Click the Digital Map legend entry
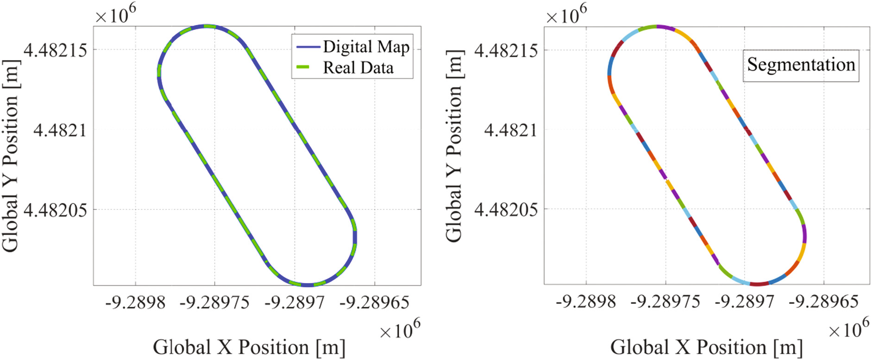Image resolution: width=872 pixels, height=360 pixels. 366,47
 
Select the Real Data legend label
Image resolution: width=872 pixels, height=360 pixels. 358,68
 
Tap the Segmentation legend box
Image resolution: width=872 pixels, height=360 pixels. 801,65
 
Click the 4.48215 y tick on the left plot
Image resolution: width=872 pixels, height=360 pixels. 55,50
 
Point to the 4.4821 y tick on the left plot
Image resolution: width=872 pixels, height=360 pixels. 60,130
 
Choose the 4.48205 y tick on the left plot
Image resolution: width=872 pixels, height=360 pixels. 55,210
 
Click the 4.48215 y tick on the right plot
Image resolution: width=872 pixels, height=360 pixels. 506,50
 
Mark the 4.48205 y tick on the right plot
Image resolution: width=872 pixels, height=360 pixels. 506,210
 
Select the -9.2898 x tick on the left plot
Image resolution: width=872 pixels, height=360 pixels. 135,303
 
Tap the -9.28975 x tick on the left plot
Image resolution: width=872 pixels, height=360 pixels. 214,303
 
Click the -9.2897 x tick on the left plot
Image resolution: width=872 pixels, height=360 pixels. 295,303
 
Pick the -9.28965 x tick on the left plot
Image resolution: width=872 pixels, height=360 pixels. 374,303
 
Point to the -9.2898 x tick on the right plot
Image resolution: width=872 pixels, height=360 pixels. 586,302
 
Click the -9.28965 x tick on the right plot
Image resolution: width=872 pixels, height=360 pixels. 824,302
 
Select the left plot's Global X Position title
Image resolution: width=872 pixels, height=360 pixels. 249,347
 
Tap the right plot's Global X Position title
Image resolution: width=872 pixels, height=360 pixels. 706,347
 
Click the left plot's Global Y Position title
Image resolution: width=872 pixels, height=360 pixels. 10,156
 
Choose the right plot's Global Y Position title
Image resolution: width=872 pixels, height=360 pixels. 454,146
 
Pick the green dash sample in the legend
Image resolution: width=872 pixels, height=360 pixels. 302,68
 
